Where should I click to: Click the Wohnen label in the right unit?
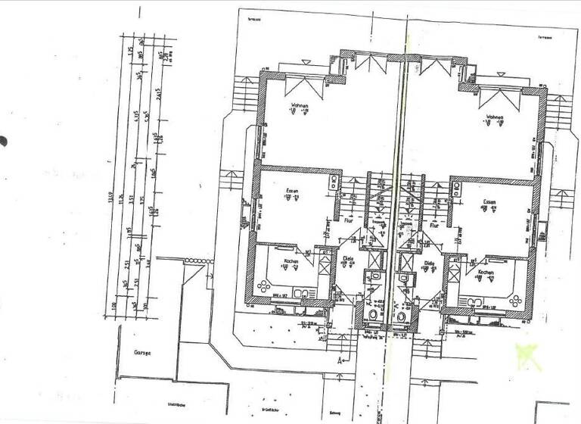[496, 117]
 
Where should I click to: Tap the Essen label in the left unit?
[292, 191]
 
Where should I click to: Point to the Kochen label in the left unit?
[291, 261]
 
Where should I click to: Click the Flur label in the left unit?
[349, 221]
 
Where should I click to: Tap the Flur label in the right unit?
[434, 225]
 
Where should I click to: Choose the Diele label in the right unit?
[429, 263]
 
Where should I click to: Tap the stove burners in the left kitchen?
[264, 285]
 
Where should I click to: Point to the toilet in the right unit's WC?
[402, 316]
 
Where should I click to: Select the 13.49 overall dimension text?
[113, 200]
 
